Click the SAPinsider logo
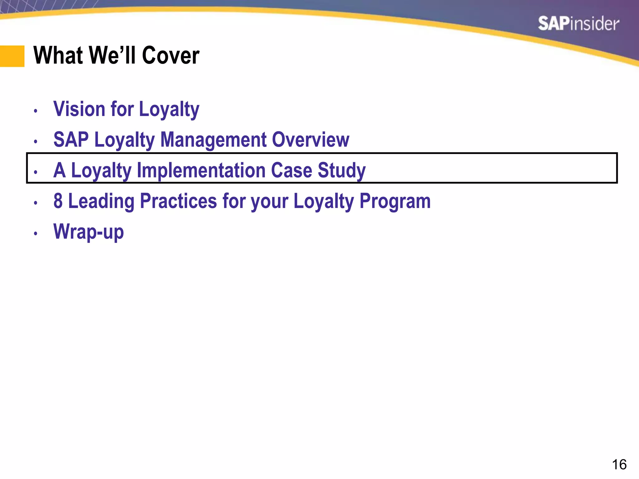click(578, 24)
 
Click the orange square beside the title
click(12, 56)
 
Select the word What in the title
click(58, 56)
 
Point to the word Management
click(213, 140)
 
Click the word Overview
click(310, 140)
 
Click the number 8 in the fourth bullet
click(58, 201)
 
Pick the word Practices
click(178, 201)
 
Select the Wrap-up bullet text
click(89, 232)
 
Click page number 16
click(619, 465)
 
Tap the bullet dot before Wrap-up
click(36, 233)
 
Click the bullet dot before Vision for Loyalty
click(36, 111)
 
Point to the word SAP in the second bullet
click(71, 140)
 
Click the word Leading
click(101, 201)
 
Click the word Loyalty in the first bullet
click(169, 109)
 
